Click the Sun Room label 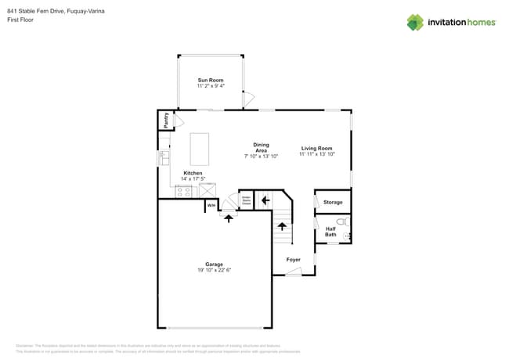(x=210, y=80)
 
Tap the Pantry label (x=166, y=120)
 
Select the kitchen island (x=201, y=147)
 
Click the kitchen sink (x=164, y=157)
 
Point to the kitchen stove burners (x=185, y=190)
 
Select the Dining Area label (x=261, y=147)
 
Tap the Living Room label (x=316, y=148)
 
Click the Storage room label (x=333, y=203)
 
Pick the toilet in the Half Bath (x=341, y=222)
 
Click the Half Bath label (x=330, y=232)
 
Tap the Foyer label (x=293, y=259)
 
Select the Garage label (x=214, y=264)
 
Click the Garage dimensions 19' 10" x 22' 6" (x=214, y=270)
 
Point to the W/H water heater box (x=211, y=206)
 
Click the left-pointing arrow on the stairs (x=265, y=200)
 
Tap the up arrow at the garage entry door (x=229, y=218)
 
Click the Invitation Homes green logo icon (x=415, y=23)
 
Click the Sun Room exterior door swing (x=249, y=99)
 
